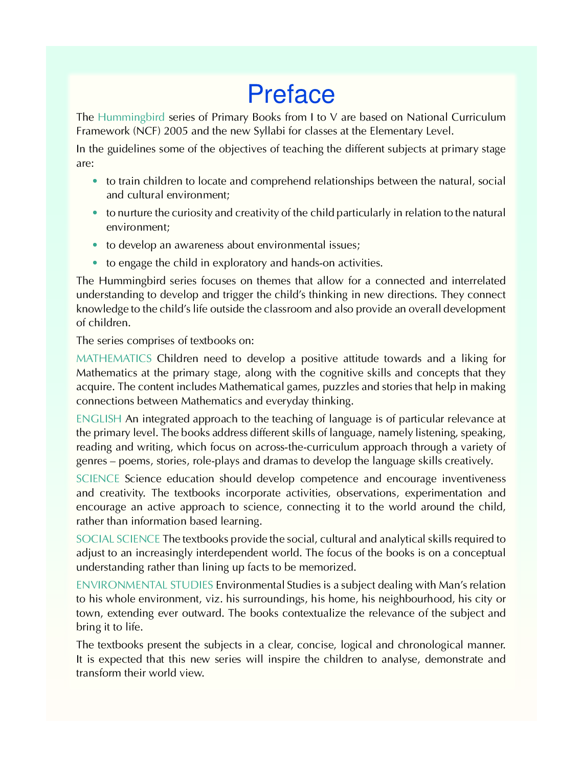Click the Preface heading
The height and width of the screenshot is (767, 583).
pos(291,94)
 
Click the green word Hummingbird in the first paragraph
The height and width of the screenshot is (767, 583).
pos(131,117)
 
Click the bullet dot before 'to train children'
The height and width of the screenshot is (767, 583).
pos(95,181)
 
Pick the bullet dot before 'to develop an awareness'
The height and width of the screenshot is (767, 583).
pos(95,245)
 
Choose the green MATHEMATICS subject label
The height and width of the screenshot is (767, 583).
pos(114,358)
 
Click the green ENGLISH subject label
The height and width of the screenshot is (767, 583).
pos(99,419)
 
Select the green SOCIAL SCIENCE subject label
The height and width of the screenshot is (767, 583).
pos(118,539)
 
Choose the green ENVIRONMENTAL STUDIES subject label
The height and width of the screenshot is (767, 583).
pos(145,585)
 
